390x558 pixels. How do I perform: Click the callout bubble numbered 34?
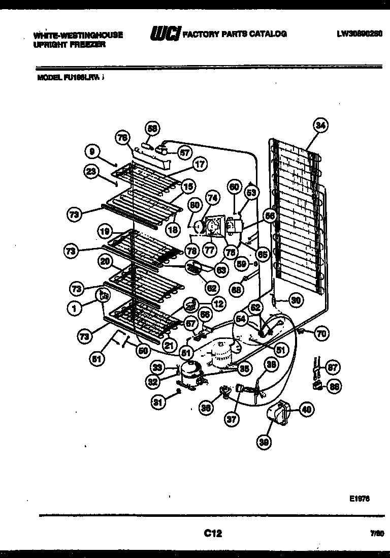(320, 125)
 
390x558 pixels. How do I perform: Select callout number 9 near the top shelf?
(91, 150)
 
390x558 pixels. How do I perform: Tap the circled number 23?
(91, 172)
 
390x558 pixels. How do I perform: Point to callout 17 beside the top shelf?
(200, 164)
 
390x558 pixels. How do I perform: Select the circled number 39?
(264, 443)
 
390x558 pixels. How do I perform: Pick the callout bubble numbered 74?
(212, 198)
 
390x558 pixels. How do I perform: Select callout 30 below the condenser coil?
(296, 300)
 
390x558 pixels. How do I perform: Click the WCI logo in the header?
(165, 34)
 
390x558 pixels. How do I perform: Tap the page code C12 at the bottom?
(213, 533)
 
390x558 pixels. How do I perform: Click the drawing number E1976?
(359, 499)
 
